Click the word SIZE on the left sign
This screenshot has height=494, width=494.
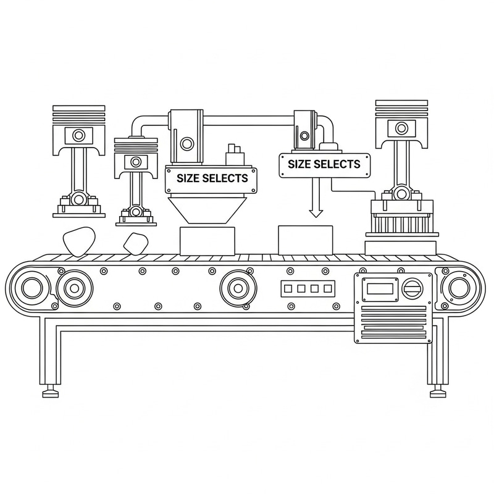pyautogui.click(x=190, y=178)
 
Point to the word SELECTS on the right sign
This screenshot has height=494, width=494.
pyautogui.click(x=337, y=164)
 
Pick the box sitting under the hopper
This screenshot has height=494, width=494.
pyautogui.click(x=207, y=240)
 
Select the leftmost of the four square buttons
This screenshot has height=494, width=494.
pyautogui.click(x=287, y=288)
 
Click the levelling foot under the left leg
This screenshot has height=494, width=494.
pyautogui.click(x=50, y=393)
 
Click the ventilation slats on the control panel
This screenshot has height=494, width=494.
pyautogui.click(x=391, y=319)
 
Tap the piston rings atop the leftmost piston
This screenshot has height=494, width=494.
pyautogui.click(x=78, y=114)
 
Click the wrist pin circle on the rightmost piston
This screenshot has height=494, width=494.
pyautogui.click(x=401, y=128)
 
